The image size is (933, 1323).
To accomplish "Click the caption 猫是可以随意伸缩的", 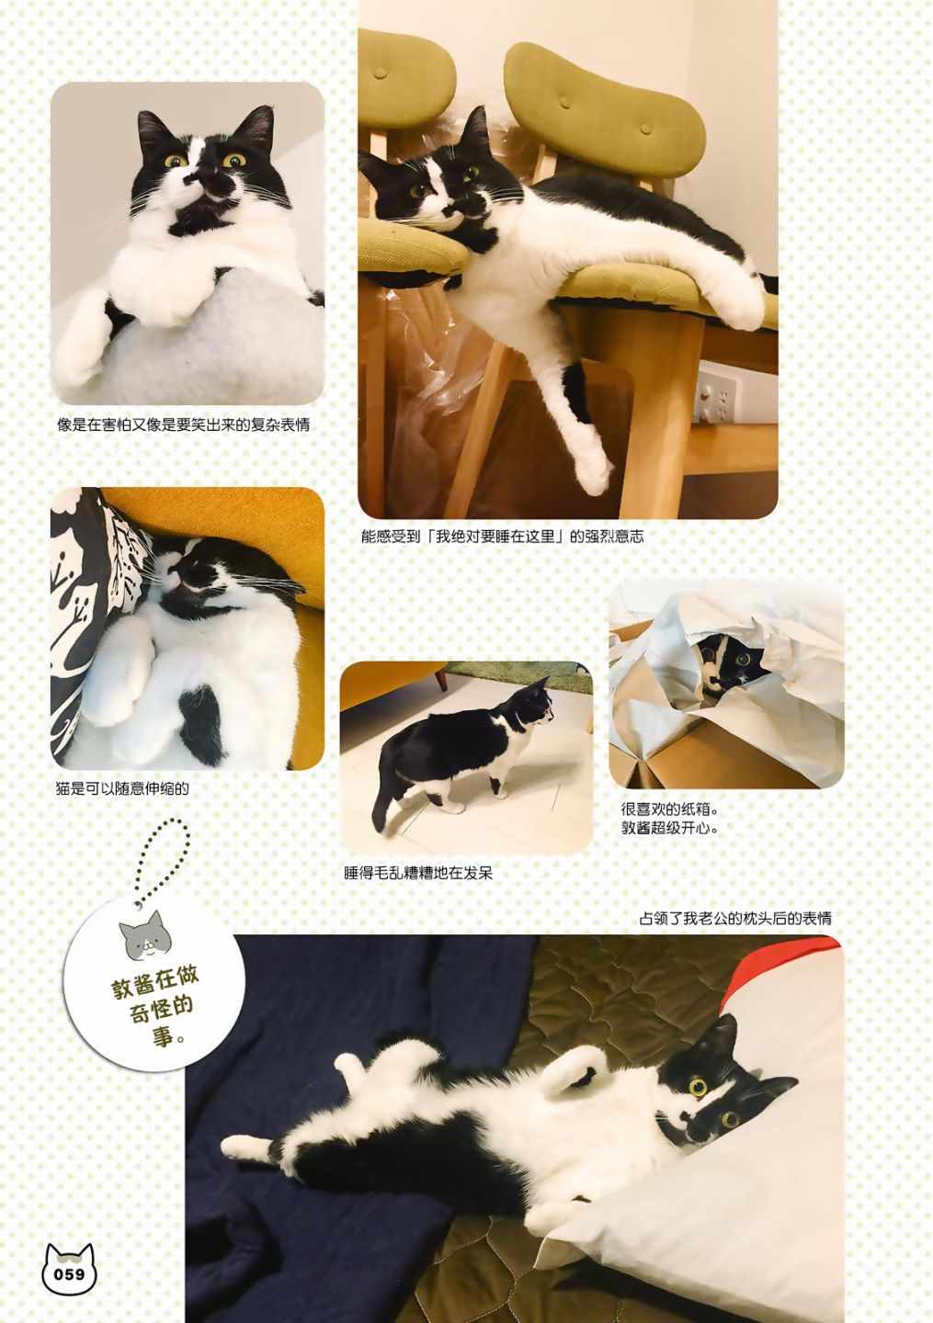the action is coord(122,788).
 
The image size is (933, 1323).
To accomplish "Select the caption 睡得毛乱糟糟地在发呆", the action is coord(418,873).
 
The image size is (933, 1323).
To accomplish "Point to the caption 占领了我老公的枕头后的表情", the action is coord(735,919).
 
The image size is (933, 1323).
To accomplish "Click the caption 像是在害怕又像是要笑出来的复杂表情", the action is coord(183,424).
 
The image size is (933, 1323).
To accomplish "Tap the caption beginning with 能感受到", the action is coord(502,537).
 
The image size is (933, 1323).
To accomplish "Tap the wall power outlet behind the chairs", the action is coord(714,394).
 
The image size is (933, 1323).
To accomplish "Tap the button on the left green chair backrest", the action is coord(381,73).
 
